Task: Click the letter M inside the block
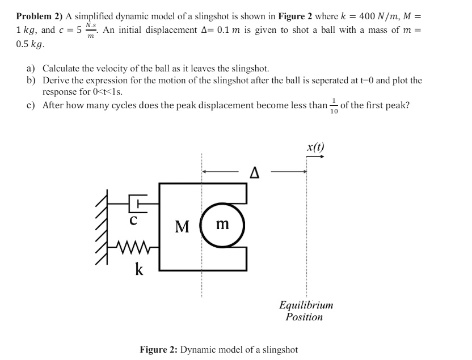182,227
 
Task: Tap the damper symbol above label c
138,204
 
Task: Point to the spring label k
139,269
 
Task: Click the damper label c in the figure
133,221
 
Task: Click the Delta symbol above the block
255,173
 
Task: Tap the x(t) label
315,147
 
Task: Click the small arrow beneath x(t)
315,156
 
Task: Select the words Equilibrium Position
306,311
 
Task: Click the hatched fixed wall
102,227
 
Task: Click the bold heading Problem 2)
40,16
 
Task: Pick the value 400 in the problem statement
366,16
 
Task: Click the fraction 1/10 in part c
334,106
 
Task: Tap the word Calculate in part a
61,69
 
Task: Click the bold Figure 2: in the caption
159,349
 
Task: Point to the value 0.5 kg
30,44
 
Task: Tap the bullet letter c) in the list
31,105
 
